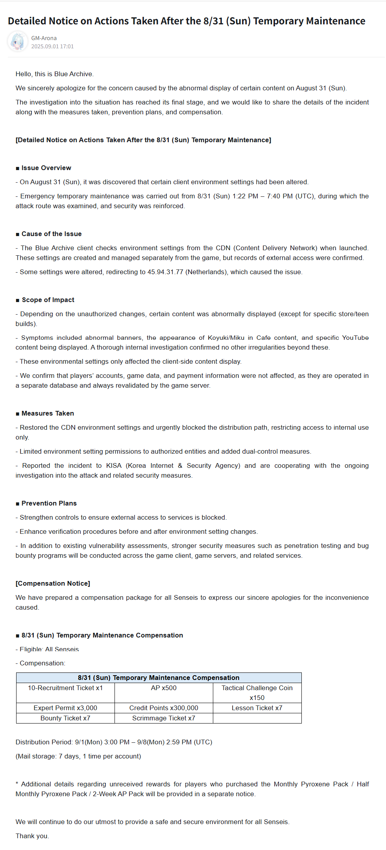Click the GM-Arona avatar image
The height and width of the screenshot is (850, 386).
point(18,42)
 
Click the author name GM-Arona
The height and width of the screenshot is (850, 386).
point(44,38)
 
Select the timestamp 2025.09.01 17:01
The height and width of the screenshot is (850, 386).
point(52,46)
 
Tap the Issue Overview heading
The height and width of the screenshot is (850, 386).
point(46,168)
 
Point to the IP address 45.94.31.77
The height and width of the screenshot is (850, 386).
point(165,272)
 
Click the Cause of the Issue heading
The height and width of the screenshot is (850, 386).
point(52,234)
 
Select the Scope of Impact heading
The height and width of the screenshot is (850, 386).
point(48,300)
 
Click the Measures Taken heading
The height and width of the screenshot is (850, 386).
point(48,413)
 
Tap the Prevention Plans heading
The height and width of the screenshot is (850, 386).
point(49,503)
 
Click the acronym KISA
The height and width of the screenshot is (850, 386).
point(114,465)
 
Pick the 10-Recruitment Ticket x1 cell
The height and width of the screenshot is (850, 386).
point(65,688)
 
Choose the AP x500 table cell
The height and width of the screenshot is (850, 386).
point(164,688)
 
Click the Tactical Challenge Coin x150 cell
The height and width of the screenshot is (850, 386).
point(257,692)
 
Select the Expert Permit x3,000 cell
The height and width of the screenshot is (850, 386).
point(65,708)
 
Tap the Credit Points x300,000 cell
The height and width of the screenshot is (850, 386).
point(164,708)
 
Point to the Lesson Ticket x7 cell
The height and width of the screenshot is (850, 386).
point(257,708)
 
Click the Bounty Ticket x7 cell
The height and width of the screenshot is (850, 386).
point(65,718)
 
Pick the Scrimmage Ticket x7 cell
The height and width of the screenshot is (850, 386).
point(164,718)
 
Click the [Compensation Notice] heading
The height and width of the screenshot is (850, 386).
point(53,583)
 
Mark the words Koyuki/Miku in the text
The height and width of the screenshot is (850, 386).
point(226,337)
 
